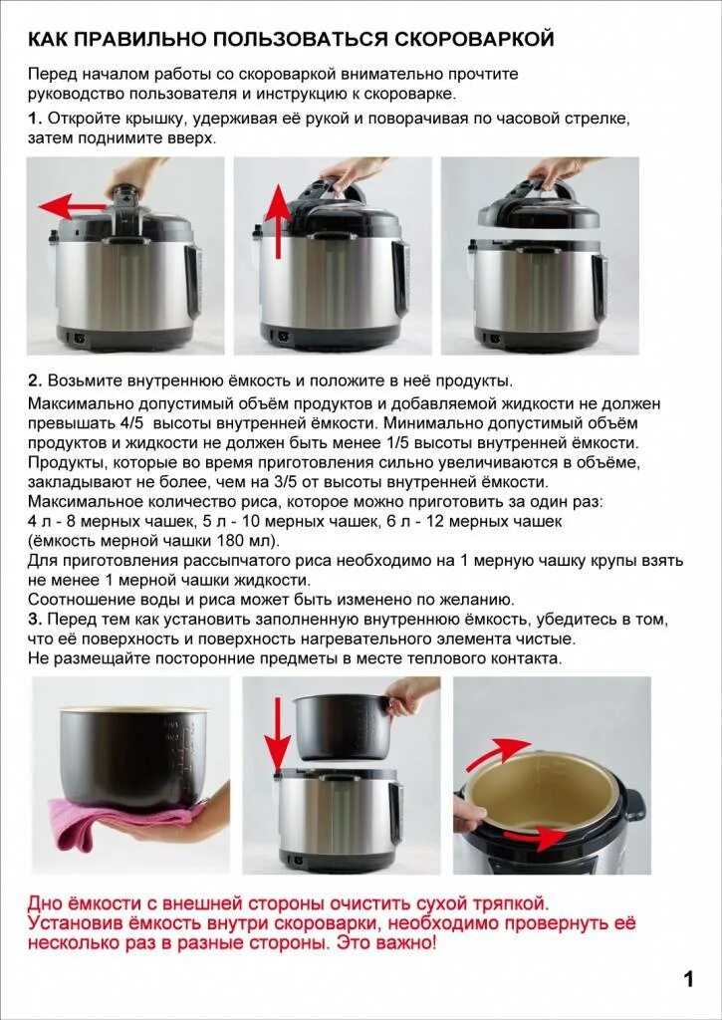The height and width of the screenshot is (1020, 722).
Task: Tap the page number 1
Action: click(689, 979)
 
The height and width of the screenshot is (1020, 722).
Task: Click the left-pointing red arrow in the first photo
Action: click(72, 207)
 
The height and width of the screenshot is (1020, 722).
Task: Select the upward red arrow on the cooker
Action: click(280, 221)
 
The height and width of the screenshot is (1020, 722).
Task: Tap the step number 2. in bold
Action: click(35, 381)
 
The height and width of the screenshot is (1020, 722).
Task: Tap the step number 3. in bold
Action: click(35, 619)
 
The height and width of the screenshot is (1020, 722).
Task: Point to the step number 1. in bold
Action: click(35, 120)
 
